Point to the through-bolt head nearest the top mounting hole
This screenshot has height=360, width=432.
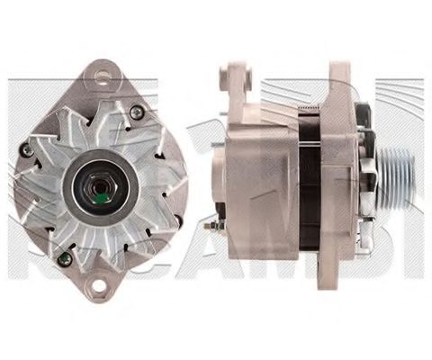pos(136,112)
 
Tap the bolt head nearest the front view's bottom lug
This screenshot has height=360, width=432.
pos(63,258)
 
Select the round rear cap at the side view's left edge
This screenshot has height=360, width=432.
pos(220,180)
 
